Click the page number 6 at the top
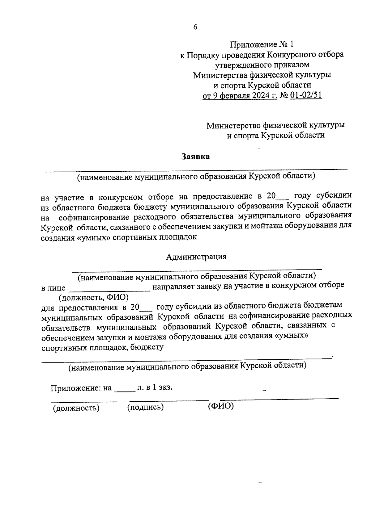195,27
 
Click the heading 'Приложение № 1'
262,45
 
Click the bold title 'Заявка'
195,157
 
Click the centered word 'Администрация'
196,257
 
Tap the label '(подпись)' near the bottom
145,407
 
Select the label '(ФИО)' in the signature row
221,406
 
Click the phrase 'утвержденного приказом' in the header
262,65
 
